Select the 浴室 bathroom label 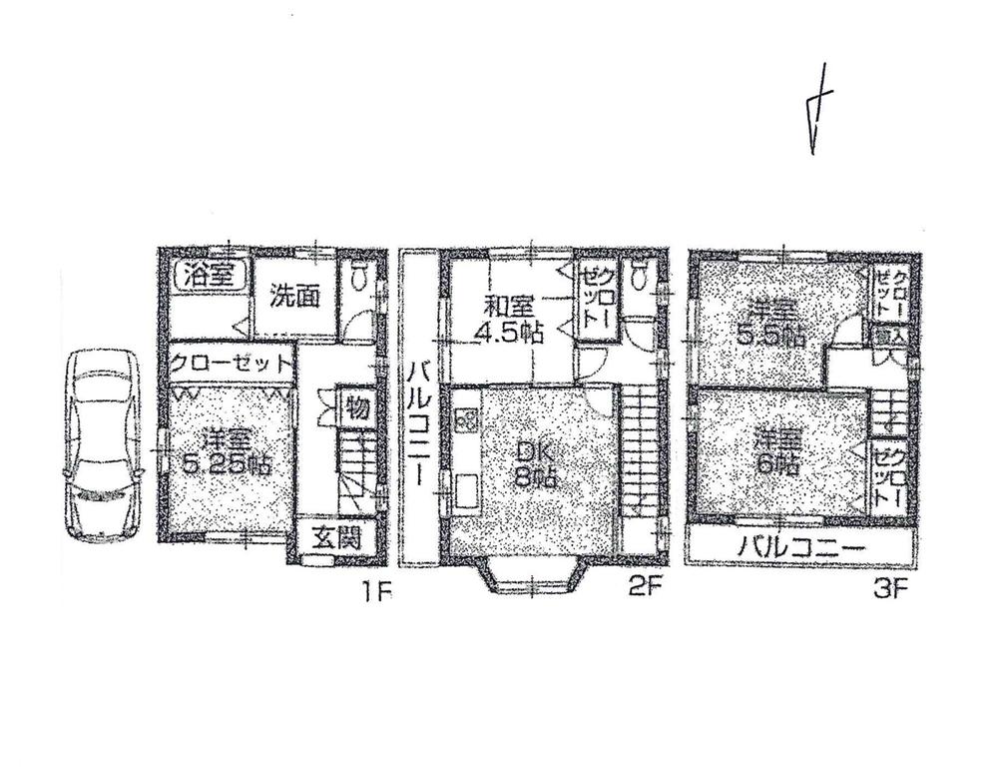208,275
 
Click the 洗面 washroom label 293,297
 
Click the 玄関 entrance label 332,536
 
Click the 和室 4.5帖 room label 508,319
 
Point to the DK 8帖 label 530,465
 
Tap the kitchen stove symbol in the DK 465,420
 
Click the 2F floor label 646,589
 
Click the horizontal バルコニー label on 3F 799,547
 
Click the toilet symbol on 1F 359,277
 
